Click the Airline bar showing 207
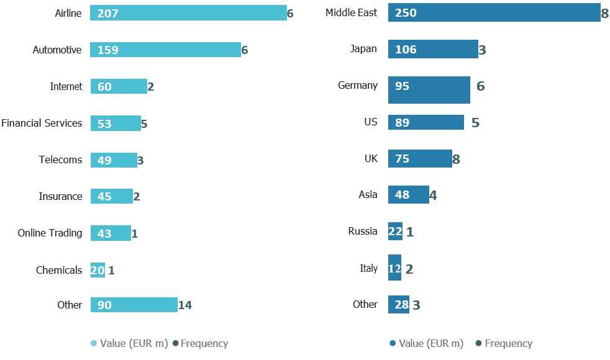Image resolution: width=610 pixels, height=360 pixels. [x=188, y=13]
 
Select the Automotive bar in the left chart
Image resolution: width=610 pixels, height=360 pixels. [x=165, y=50]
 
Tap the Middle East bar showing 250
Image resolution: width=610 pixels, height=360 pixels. [x=494, y=13]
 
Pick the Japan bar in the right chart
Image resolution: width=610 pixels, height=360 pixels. [x=433, y=50]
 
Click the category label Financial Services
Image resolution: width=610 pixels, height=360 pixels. [x=42, y=123]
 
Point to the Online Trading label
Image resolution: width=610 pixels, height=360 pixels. [x=50, y=233]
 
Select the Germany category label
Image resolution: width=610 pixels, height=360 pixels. [x=357, y=85]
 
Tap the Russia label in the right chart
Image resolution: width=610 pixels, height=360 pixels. [x=363, y=231]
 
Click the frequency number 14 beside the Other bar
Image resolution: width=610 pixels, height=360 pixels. [x=185, y=305]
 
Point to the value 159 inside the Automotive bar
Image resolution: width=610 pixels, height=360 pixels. [x=107, y=50]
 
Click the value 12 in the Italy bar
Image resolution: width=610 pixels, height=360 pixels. [x=394, y=269]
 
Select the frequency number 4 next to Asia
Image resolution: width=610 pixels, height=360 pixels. [x=433, y=196]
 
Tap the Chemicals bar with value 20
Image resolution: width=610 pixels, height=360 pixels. [x=98, y=270]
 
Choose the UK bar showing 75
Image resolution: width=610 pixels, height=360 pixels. [x=420, y=159]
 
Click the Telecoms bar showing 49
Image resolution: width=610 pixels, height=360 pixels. [x=114, y=160]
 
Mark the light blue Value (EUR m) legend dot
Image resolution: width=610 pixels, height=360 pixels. [x=94, y=343]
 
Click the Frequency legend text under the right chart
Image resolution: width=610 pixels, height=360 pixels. [x=508, y=343]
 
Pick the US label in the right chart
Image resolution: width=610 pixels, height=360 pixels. [x=371, y=122]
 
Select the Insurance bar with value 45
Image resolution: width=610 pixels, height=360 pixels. [x=111, y=196]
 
